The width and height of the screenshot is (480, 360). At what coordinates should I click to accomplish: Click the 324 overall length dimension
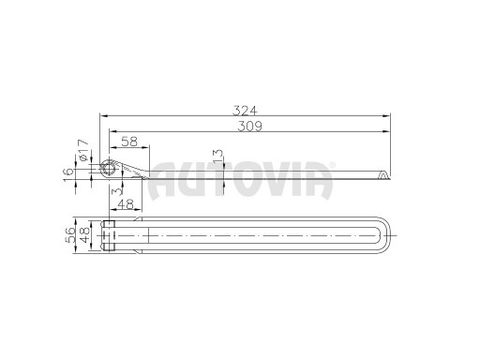246,111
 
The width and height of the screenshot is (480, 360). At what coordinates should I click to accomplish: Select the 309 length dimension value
250,127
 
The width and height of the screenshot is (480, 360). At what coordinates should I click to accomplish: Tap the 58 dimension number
129,142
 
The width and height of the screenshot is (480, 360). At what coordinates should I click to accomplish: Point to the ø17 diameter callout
83,151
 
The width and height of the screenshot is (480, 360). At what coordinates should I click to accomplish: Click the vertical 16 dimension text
68,174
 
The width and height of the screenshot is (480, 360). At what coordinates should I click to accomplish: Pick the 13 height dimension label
218,157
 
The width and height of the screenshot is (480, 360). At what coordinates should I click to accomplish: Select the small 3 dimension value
116,191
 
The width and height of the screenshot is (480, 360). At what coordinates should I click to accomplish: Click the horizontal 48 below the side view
126,204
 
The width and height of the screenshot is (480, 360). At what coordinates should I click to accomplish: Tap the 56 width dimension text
70,234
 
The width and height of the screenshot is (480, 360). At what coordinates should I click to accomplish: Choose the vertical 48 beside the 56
84,234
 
